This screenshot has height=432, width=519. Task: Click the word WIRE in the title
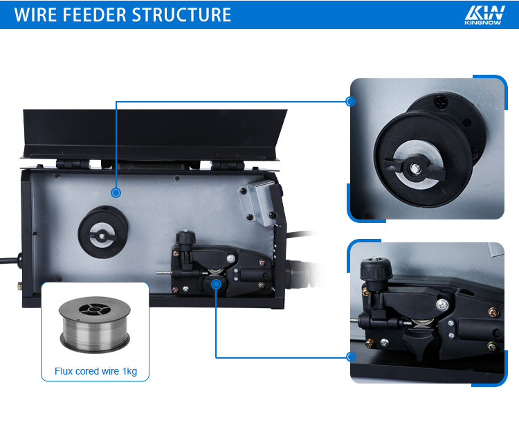[x=35, y=15]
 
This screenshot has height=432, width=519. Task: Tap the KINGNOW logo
[x=484, y=15]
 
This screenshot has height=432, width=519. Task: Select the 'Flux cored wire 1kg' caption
[x=95, y=371]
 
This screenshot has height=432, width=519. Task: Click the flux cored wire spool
[x=95, y=324]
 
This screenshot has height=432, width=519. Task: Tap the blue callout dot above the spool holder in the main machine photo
[x=116, y=192]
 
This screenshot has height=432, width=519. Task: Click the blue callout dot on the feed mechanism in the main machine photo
[x=216, y=284]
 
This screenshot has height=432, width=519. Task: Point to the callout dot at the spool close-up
[x=350, y=101]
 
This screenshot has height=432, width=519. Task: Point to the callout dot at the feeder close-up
[x=351, y=357]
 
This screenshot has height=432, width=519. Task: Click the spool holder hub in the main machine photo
[x=102, y=232]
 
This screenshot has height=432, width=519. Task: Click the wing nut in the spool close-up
[x=415, y=168]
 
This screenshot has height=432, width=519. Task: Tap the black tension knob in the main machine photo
[x=185, y=237]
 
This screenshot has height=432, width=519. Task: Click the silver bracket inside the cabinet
[x=258, y=203]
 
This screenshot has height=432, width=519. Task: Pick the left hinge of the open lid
[x=73, y=164]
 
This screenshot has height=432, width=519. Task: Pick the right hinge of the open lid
[x=228, y=165]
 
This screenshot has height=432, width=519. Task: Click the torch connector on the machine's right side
[x=298, y=274]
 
